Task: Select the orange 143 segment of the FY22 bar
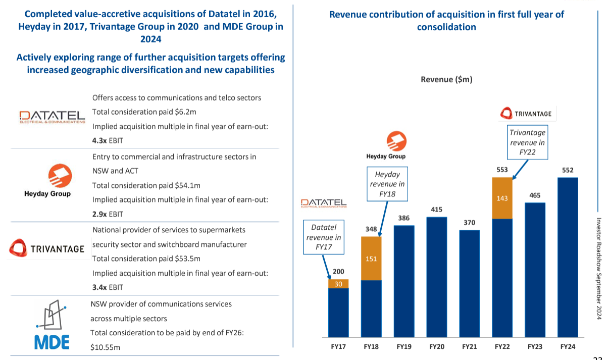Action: coord(502,198)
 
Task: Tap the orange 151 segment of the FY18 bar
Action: coord(371,259)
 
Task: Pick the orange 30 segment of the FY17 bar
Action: coord(338,284)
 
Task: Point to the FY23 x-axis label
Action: coord(535,347)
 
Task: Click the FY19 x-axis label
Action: coord(403,347)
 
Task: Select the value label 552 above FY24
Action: coord(568,170)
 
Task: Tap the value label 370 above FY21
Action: coord(469,223)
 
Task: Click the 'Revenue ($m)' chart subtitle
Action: coord(446,79)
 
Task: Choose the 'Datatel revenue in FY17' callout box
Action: coord(323,237)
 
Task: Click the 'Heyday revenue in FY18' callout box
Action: coord(387,184)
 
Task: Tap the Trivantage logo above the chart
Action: coord(526,114)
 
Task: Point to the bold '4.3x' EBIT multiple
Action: coord(99,141)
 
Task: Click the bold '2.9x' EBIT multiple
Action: coord(99,214)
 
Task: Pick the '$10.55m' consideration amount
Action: coord(105,347)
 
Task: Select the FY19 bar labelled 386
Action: coord(403,281)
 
